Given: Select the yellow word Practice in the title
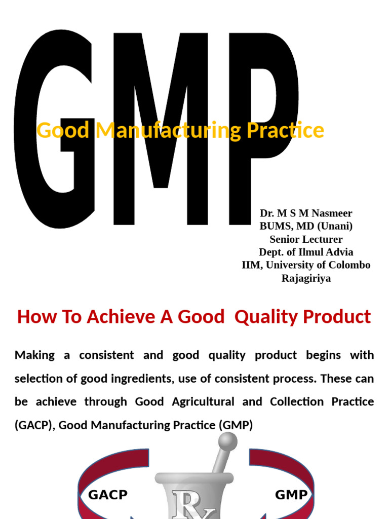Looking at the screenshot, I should (x=285, y=130).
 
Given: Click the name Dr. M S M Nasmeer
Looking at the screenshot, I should (x=306, y=213).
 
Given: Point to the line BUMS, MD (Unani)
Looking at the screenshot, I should (x=306, y=226).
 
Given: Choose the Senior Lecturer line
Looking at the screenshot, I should (x=306, y=239).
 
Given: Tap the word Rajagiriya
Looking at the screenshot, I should (x=306, y=278).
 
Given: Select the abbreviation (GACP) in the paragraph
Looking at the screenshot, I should (x=33, y=425).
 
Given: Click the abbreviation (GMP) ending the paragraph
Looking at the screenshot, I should (x=236, y=425).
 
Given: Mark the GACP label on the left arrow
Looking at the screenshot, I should (x=108, y=495).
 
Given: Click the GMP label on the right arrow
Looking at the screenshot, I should (x=291, y=495).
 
